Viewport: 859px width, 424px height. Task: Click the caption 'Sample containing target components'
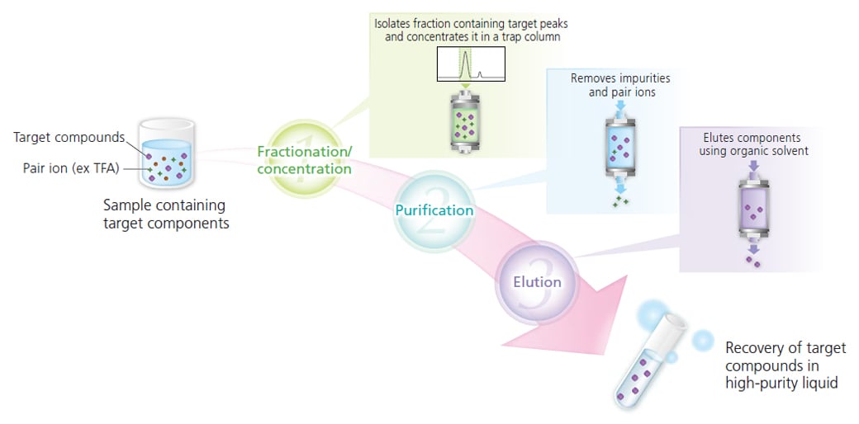pyautogui.click(x=164, y=214)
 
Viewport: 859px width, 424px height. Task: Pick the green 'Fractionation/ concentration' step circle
pyautogui.click(x=304, y=159)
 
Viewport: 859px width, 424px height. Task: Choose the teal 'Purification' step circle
pyautogui.click(x=434, y=210)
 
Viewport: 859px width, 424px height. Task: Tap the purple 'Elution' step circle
pyautogui.click(x=537, y=282)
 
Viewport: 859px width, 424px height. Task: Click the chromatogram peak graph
pyautogui.click(x=468, y=65)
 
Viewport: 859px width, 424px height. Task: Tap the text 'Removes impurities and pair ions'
pyautogui.click(x=620, y=85)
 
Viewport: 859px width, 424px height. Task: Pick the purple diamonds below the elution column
pyautogui.click(x=752, y=261)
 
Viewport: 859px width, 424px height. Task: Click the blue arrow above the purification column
pyautogui.click(x=619, y=107)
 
